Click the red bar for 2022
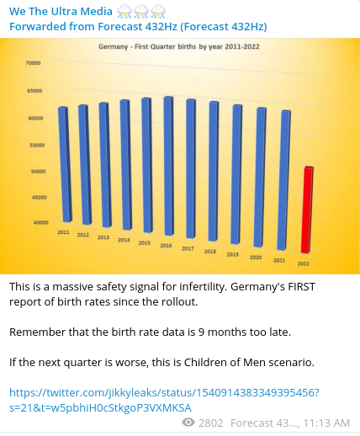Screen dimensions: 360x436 tap(307, 210)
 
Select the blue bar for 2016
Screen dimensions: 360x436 tap(168, 166)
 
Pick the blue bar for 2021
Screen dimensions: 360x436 tap(283, 180)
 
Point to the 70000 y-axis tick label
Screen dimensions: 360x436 tap(34, 63)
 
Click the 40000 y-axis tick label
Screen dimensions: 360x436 tap(40, 222)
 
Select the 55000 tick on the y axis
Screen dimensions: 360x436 tap(37, 145)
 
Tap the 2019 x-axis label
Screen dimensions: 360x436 tap(232, 254)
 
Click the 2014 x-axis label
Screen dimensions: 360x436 tap(124, 240)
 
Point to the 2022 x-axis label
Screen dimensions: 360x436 tap(303, 263)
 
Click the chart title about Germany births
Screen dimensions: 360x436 tap(179, 46)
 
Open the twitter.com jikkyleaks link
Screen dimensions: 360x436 tap(164, 400)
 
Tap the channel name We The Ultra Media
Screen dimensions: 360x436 tap(61, 12)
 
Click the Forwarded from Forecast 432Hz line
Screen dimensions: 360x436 tap(138, 27)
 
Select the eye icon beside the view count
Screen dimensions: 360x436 tap(188, 422)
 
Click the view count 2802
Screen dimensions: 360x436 tap(211, 423)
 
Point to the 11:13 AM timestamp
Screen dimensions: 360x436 tap(326, 423)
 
